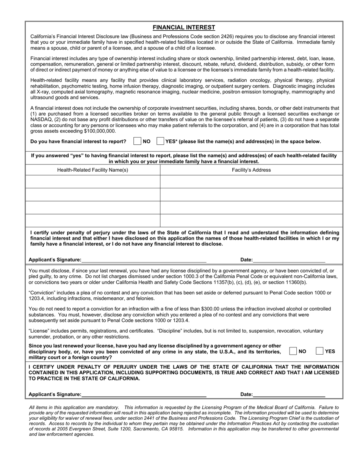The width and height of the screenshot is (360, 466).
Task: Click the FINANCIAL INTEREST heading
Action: (x=184, y=27)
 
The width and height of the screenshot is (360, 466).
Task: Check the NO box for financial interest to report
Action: (x=137, y=141)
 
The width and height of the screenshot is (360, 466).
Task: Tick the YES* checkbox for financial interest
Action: (x=160, y=141)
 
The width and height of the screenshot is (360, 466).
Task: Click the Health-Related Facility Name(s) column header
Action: (x=92, y=170)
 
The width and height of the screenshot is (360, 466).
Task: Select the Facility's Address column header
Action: (x=251, y=170)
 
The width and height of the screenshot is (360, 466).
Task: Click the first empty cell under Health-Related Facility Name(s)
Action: (x=92, y=182)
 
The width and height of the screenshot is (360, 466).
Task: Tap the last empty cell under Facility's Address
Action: (x=251, y=220)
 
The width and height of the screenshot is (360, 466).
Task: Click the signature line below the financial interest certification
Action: (x=144, y=260)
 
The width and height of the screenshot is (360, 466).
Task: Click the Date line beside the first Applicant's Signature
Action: (x=289, y=260)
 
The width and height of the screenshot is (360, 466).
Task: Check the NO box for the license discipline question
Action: (x=293, y=351)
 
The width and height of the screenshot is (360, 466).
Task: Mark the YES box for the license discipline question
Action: (x=319, y=351)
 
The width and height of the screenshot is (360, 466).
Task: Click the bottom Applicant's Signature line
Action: (x=144, y=394)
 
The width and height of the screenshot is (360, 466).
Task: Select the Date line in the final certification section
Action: (x=289, y=394)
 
